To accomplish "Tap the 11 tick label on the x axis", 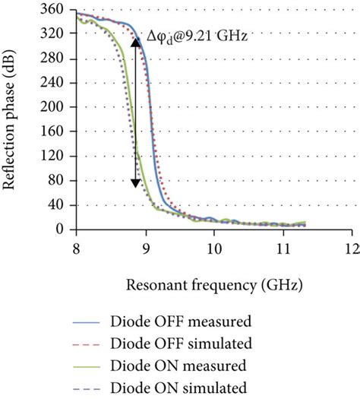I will pyautogui.click(x=283, y=248).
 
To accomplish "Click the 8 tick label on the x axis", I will pyautogui.click(x=76, y=248).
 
